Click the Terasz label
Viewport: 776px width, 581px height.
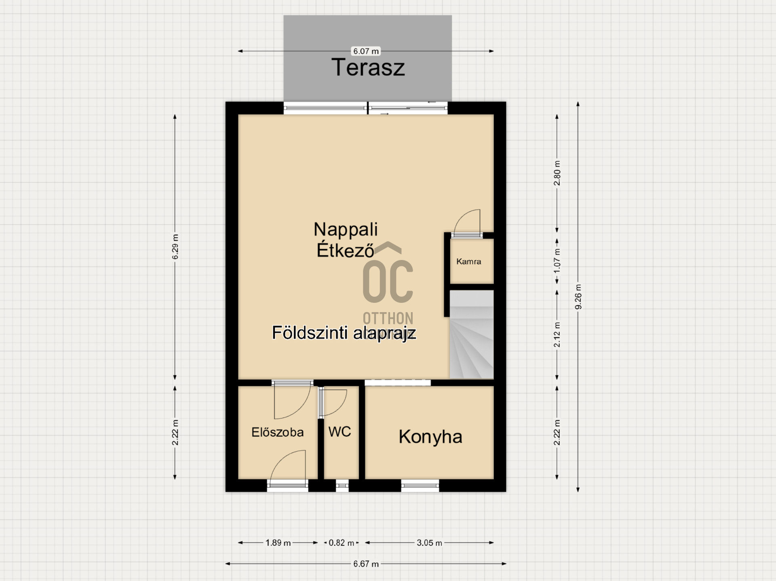click(368, 67)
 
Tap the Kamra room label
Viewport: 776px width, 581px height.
click(468, 262)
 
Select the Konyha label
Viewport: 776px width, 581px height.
click(430, 437)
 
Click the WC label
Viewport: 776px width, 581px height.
click(339, 431)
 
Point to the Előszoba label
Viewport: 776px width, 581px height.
click(277, 432)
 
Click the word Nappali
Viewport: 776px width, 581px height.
click(346, 229)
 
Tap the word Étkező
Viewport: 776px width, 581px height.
click(346, 250)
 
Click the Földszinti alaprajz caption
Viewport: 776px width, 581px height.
click(344, 333)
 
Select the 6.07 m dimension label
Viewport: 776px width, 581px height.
click(366, 51)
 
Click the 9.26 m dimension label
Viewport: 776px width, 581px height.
click(578, 297)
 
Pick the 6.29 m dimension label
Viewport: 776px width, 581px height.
click(175, 247)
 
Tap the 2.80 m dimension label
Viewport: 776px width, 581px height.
click(557, 173)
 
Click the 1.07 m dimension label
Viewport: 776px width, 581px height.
click(557, 261)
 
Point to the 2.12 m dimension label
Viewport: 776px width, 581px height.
click(557, 334)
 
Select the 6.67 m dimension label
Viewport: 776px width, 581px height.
click(366, 564)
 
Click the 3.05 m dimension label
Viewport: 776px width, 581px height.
click(429, 543)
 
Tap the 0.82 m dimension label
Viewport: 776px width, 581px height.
click(342, 543)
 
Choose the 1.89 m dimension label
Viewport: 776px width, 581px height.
click(278, 543)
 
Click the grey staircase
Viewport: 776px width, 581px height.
click(472, 334)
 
